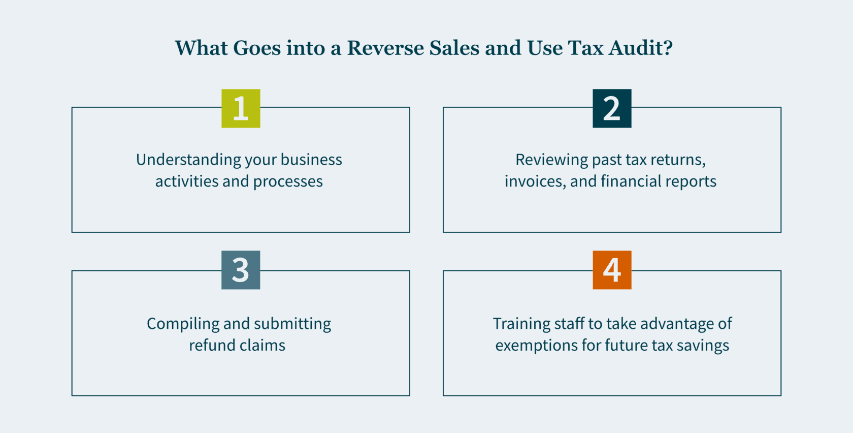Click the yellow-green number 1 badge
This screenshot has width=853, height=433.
point(241,108)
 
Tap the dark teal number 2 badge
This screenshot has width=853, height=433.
point(612,108)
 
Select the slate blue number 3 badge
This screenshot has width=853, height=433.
point(241,270)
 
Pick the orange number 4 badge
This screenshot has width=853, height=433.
point(612,270)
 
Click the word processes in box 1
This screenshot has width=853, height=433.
point(288,181)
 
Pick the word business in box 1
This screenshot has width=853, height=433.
point(312,160)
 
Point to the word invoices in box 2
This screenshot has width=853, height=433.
point(535,181)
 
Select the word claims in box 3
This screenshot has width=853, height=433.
point(263,346)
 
